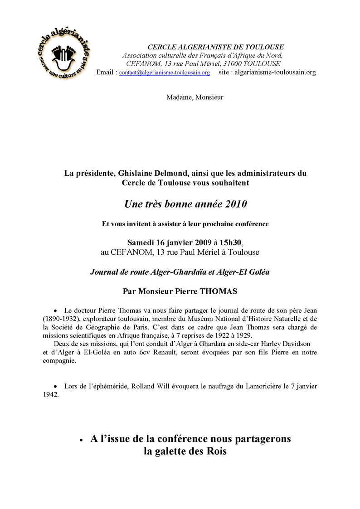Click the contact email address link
[164, 73]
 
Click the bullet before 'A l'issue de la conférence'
[81, 440]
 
